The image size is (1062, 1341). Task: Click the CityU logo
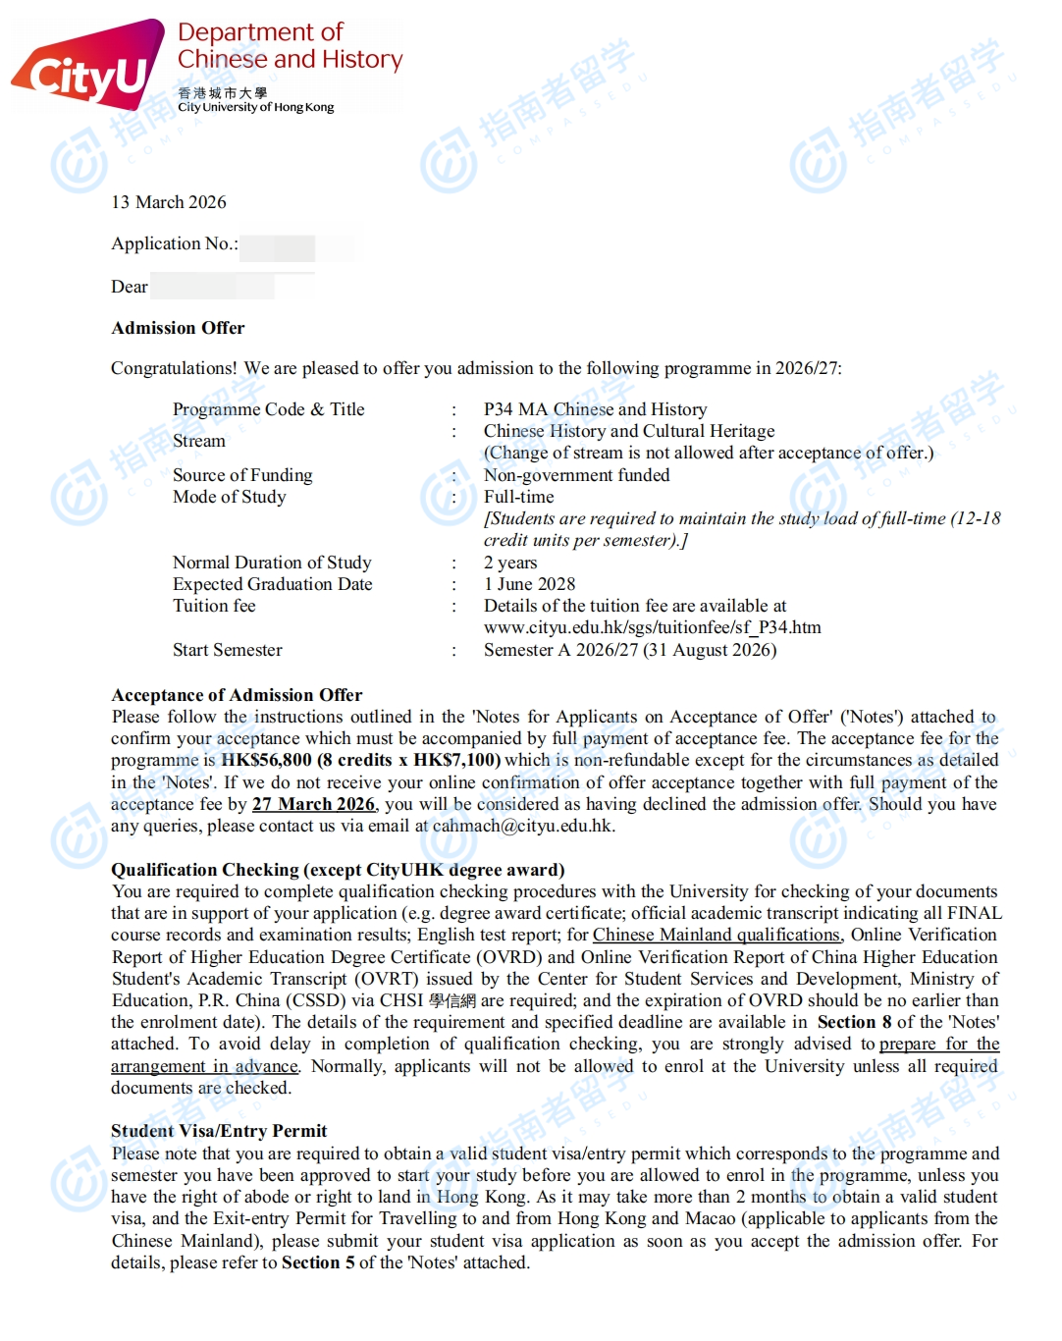point(88,66)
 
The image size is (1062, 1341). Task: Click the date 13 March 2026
point(169,202)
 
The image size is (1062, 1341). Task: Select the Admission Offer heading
point(178,328)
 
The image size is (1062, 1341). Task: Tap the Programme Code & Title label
point(268,409)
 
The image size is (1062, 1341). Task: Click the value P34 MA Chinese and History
point(595,409)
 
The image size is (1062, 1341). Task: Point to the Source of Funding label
point(242,475)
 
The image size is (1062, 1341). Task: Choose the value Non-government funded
point(576,475)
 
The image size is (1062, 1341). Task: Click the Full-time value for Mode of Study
point(518,497)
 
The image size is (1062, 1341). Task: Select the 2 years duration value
point(510,563)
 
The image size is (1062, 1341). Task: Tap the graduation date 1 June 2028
point(529,584)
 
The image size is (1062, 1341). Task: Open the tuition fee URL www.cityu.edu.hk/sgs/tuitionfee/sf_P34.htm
point(652,627)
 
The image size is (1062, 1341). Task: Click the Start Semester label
point(227,650)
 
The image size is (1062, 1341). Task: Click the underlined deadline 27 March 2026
point(313,804)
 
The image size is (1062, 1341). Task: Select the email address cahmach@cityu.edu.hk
point(523,826)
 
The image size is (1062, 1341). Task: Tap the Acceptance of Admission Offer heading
point(237,695)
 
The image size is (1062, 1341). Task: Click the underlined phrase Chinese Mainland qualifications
point(717,935)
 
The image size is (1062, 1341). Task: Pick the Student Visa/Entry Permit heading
point(219,1131)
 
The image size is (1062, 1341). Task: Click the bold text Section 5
point(318,1262)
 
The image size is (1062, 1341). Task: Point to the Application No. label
point(174,243)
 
